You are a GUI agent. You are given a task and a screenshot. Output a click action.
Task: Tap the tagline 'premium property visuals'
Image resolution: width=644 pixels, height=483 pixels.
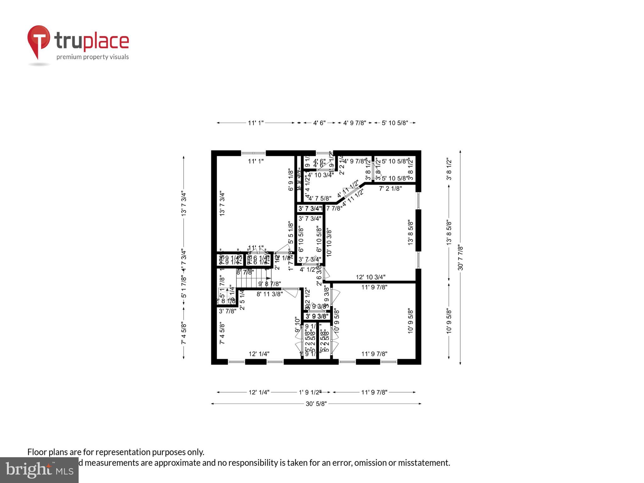point(92,57)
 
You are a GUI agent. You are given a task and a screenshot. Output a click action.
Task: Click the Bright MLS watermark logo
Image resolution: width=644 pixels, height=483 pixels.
point(39,470)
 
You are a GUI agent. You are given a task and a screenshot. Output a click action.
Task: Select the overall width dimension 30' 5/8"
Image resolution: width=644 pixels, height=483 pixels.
point(316,404)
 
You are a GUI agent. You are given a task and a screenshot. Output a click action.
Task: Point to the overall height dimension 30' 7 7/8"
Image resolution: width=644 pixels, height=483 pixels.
point(460,258)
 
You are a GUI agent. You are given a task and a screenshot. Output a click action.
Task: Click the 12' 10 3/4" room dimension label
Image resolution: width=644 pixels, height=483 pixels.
point(370,277)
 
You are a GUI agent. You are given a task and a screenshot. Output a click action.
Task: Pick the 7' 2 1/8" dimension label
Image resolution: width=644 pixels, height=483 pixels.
point(390,189)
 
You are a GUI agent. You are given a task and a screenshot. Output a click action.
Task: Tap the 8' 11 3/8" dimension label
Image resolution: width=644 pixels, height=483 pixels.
point(269,294)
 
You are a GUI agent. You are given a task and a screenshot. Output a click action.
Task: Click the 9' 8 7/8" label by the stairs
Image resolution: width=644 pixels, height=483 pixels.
point(269,284)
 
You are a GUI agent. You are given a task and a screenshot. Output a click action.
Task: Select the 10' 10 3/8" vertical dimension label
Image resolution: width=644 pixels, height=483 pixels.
point(329,242)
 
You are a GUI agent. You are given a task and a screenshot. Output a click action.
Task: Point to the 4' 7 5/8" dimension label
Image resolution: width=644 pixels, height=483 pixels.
point(319,198)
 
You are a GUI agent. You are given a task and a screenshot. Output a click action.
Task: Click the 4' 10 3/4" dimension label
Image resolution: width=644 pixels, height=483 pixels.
point(320,175)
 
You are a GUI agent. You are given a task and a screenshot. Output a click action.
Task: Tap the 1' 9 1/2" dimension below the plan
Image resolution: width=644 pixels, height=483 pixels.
point(310,392)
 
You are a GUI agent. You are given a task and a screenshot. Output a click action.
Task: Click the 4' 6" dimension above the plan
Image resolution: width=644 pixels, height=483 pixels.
point(319,123)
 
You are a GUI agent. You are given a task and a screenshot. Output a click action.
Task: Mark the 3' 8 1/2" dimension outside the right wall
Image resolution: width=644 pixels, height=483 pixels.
point(449,169)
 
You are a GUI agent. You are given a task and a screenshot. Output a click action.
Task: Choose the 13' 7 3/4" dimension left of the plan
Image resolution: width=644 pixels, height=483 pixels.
point(184,204)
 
